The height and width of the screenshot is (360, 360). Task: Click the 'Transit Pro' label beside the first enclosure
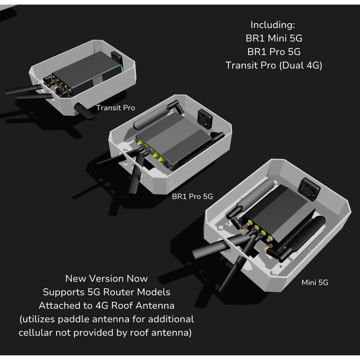(x=115, y=107)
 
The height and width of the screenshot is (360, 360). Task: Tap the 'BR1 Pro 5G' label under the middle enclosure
(x=192, y=196)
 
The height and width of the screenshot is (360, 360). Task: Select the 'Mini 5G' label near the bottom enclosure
(x=315, y=282)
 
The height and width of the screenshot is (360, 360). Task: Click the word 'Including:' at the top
(x=273, y=25)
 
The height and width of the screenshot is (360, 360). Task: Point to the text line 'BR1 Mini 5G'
(x=274, y=38)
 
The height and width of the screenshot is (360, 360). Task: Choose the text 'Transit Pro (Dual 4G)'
(x=274, y=65)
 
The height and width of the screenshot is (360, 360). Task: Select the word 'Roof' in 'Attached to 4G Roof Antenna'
(x=121, y=305)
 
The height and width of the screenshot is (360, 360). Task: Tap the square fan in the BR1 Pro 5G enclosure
(x=205, y=118)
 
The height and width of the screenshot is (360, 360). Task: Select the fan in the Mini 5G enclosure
(x=309, y=188)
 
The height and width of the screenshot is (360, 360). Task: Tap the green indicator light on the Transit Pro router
(x=121, y=67)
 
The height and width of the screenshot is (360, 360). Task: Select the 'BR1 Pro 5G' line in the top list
(x=274, y=52)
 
